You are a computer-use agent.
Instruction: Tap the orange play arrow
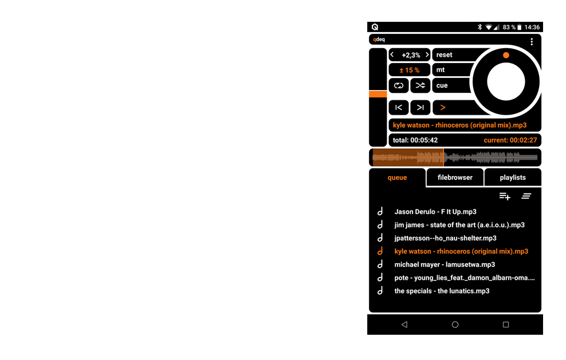point(443,107)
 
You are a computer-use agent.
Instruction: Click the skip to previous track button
point(399,107)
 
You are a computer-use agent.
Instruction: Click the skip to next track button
point(420,107)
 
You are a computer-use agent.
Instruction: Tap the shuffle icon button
point(420,85)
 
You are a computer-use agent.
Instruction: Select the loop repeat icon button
point(399,85)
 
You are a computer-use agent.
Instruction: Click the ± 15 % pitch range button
point(410,70)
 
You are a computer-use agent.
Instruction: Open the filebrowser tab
point(455,178)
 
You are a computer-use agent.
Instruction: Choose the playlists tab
point(512,178)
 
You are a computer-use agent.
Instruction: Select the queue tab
point(397,178)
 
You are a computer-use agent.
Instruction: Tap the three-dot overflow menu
point(532,41)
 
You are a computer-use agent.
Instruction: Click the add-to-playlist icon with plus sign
point(505,196)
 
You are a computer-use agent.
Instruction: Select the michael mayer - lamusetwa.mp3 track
point(445,265)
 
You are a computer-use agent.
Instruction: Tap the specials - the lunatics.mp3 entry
point(442,291)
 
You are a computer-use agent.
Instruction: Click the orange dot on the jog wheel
point(506,56)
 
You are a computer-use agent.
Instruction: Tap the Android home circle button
point(455,324)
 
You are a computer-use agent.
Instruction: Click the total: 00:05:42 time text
point(415,140)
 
